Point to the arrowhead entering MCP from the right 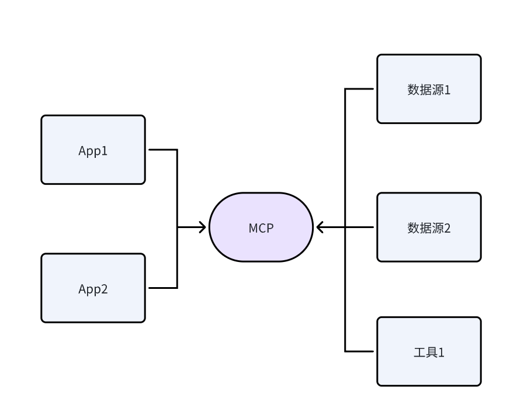pyautogui.click(x=320, y=227)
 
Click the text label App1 pyautogui.click(x=93, y=151)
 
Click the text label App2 pyautogui.click(x=93, y=289)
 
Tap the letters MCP pyautogui.click(x=261, y=228)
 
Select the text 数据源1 pyautogui.click(x=429, y=89)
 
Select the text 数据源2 pyautogui.click(x=429, y=228)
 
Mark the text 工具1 pyautogui.click(x=429, y=353)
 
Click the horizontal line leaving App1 pyautogui.click(x=162, y=150)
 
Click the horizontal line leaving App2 pyautogui.click(x=162, y=288)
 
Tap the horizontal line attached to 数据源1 pyautogui.click(x=359, y=89)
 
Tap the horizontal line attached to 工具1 pyautogui.click(x=359, y=351)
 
